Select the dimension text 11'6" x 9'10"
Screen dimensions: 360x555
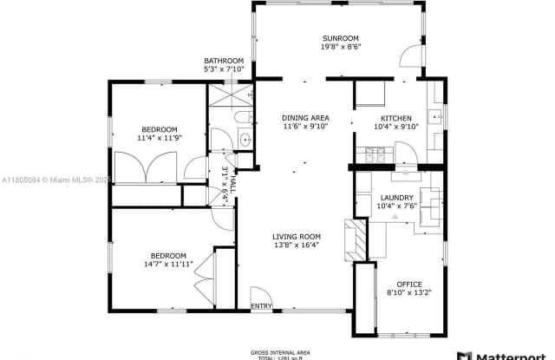(304, 127)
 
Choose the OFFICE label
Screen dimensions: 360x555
(408, 284)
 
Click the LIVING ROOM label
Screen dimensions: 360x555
(297, 236)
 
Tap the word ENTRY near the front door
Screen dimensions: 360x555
(261, 306)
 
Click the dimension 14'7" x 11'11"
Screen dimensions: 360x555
(165, 265)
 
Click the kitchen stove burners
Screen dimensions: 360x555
(377, 155)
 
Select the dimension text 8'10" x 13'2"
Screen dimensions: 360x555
(408, 292)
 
